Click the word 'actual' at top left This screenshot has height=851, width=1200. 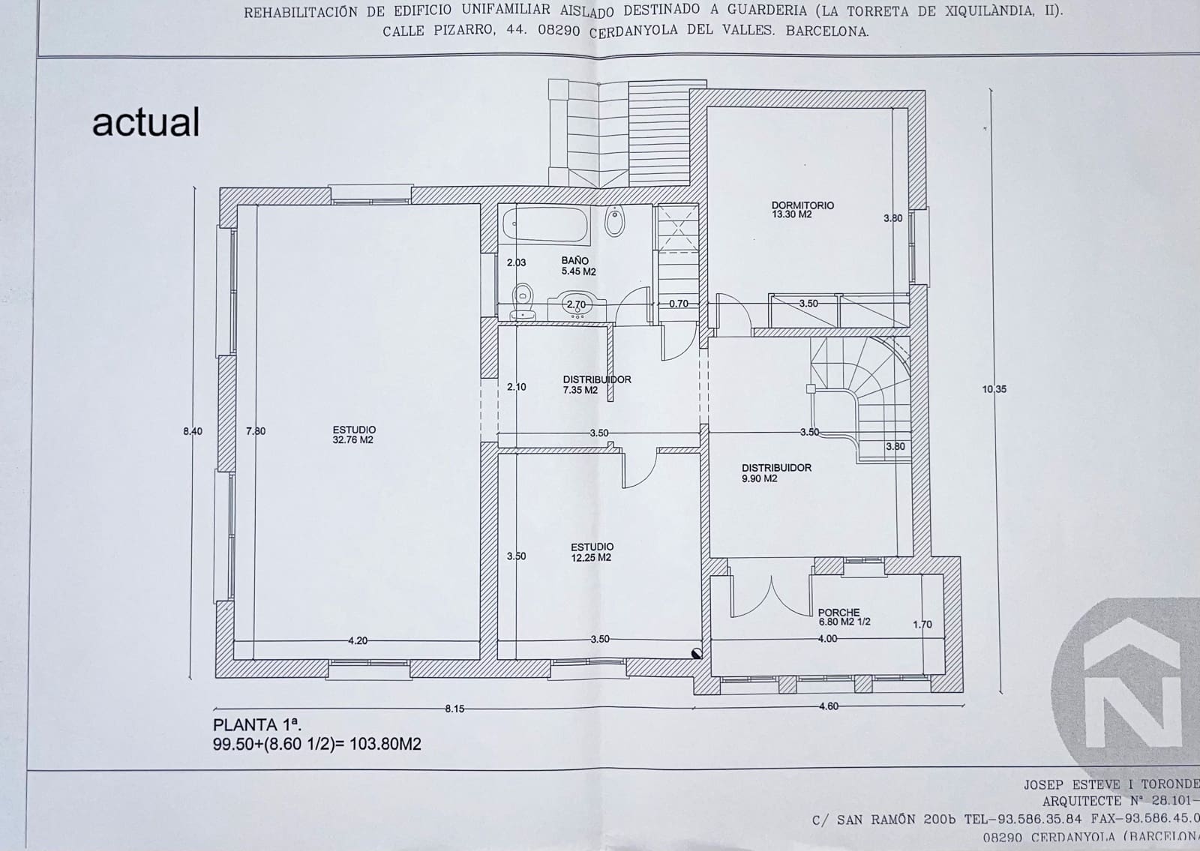point(146,122)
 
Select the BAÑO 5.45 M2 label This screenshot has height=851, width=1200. point(578,266)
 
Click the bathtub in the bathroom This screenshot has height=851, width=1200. point(544,224)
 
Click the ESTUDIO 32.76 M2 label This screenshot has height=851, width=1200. point(354,435)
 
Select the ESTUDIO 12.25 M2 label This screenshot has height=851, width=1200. point(592,552)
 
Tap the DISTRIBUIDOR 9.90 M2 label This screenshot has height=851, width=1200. point(776,472)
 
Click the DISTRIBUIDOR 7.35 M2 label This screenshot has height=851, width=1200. point(596,385)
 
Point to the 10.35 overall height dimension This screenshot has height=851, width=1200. point(994,389)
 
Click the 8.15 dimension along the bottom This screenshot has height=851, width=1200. point(454,709)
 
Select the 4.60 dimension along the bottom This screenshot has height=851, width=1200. point(828,706)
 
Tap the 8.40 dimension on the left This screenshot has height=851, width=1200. point(193,431)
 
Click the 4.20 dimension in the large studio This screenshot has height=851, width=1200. point(358,640)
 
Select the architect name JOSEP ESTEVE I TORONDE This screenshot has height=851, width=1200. point(1111,784)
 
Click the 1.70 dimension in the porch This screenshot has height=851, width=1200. point(922,624)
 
